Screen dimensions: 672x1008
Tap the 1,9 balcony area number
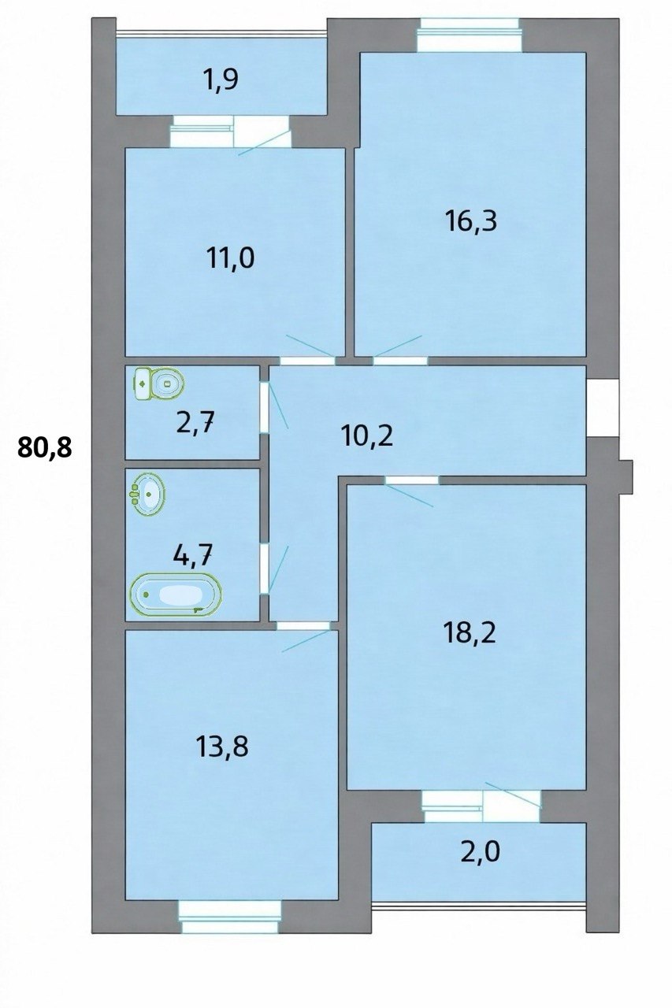coord(220,80)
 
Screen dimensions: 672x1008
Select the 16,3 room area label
coord(470,221)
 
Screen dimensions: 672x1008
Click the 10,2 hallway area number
coord(367,435)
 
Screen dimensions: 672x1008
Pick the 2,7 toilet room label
coord(195,424)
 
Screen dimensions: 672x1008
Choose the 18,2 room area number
coord(470,633)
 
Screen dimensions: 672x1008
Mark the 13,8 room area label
coord(222,746)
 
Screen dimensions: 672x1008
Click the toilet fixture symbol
coord(158,384)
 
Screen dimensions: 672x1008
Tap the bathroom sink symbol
coord(147,494)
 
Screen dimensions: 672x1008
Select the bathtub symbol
coord(176,595)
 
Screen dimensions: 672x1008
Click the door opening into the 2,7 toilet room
coord(265,408)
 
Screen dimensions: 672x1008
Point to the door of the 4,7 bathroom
coord(265,569)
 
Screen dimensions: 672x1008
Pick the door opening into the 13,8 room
coord(303,625)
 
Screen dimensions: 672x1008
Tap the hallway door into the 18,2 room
coord(412,480)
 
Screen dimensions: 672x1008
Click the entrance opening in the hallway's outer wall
coord(602,408)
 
